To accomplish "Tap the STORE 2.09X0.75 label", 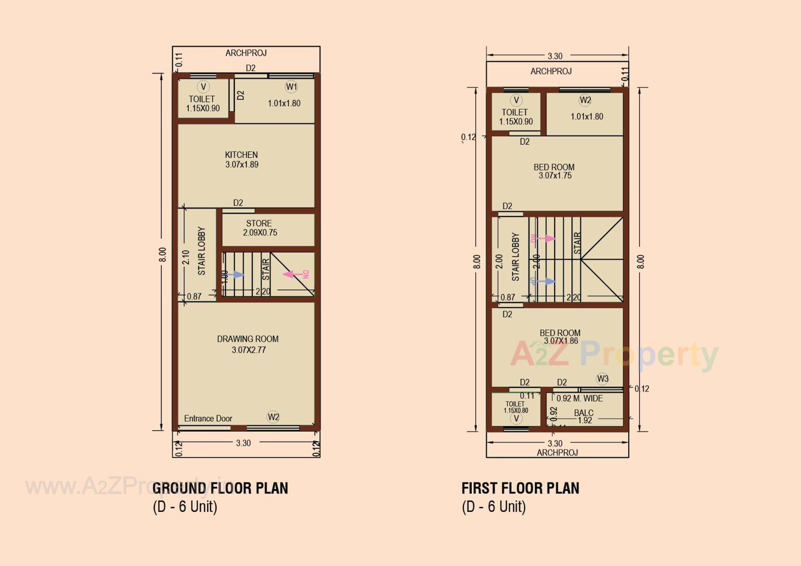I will pos(259,228).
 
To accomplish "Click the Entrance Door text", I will pos(208,418).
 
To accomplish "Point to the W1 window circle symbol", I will pos(291,87).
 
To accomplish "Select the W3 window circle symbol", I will pos(602,378).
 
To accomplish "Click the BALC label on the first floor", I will pos(583,413).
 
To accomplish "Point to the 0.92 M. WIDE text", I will pos(579,398).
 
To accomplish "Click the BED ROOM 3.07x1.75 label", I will pos(554,171).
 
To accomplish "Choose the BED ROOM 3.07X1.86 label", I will pos(560,337).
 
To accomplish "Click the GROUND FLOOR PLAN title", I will pos(220,488).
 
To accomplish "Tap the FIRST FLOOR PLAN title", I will pos(520,488).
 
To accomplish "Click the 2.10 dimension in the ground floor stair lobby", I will pos(186,257).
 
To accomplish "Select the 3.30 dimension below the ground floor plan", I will pos(243,443).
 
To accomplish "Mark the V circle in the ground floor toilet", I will pos(203,87).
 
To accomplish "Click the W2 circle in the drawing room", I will pos(273,417).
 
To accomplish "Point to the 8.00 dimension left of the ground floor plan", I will pos(162,254).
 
